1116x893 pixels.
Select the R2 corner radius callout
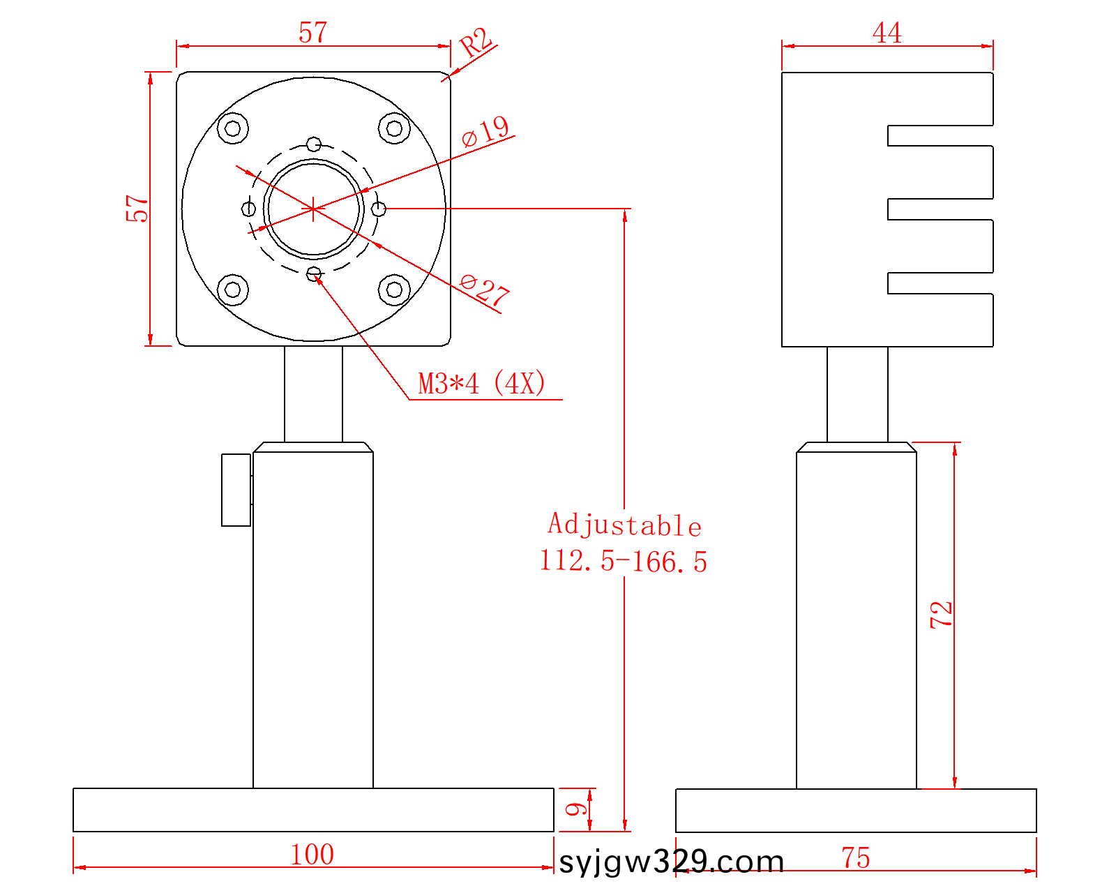tap(476, 42)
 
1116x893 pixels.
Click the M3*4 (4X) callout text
tap(482, 384)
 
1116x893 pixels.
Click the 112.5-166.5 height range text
tap(624, 562)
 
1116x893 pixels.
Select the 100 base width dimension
tap(312, 855)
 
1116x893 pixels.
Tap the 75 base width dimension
tap(856, 857)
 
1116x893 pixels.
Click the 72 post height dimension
tap(941, 615)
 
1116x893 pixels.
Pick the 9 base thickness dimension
tap(575, 809)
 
